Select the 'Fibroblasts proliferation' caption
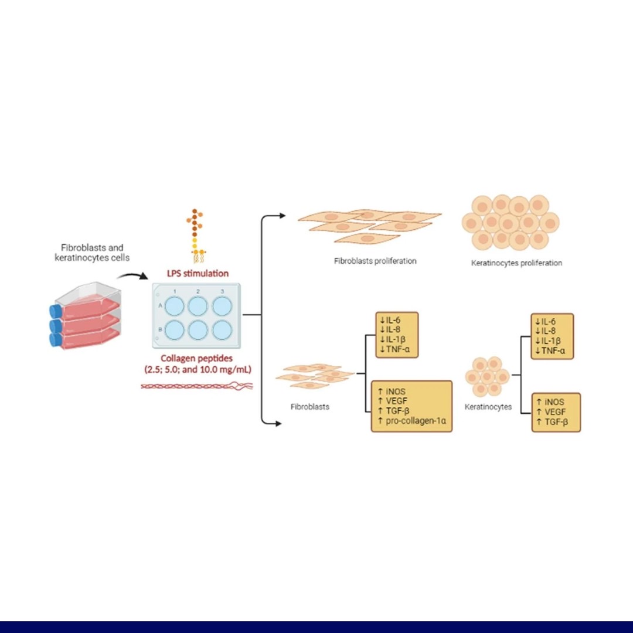coord(375,261)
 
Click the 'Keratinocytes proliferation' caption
coord(516,263)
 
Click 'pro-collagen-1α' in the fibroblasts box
coord(414,421)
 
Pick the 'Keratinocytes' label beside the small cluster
coord(488,406)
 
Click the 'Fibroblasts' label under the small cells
coord(309,406)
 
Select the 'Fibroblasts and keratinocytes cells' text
coord(92,253)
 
